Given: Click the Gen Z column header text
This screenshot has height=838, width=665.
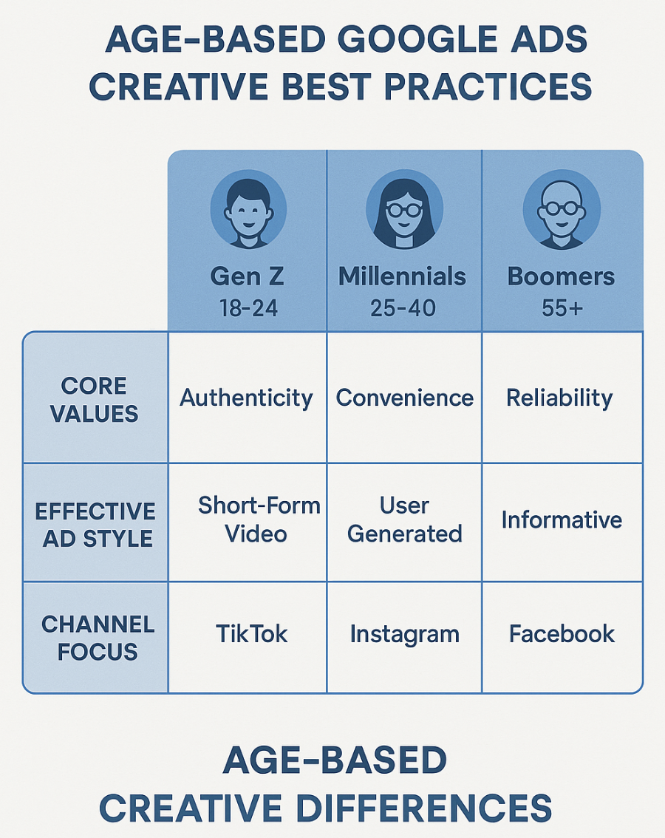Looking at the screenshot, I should [247, 276].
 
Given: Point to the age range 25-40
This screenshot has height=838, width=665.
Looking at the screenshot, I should [404, 307].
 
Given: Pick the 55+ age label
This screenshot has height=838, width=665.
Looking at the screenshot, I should [562, 307].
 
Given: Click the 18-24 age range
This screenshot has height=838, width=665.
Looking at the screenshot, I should [248, 307].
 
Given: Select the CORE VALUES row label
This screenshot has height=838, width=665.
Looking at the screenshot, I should [95, 399].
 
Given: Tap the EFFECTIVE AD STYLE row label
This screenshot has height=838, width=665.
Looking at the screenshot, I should [95, 525].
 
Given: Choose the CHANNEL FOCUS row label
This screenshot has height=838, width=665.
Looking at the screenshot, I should [98, 637].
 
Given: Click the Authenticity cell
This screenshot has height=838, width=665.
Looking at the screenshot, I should [246, 398].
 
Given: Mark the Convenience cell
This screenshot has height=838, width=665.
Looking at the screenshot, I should [404, 398].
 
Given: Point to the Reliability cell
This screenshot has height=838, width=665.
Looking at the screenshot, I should [559, 398].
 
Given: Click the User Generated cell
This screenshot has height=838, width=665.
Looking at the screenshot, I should [404, 520].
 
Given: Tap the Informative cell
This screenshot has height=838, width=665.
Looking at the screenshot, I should [562, 520].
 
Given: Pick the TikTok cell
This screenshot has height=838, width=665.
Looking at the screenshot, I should [251, 634].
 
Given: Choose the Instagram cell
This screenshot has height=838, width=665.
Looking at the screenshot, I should [404, 634].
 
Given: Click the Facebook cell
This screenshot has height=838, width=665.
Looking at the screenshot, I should [562, 634].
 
